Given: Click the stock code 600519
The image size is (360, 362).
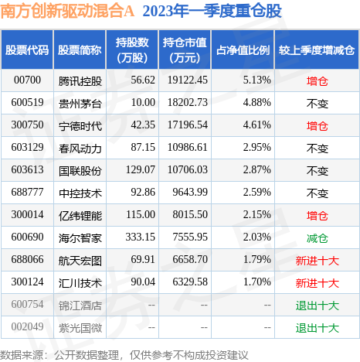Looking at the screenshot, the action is tap(27, 102).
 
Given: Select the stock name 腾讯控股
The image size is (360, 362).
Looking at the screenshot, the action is tap(80, 81).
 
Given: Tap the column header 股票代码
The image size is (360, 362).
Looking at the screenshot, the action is tap(27, 50).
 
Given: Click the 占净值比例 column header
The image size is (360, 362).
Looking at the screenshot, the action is tap(243, 50).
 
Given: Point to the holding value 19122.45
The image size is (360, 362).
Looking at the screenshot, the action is tap(188, 80).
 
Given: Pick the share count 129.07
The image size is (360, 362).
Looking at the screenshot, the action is tap(141, 169).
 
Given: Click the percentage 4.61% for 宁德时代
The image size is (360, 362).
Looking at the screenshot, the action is tap(256, 125).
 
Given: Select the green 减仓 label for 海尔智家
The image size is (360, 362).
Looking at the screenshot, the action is tap(318, 238).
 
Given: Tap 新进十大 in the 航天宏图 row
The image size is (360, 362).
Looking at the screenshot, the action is tap(318, 261).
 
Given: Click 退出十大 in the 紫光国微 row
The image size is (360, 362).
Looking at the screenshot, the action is tap(318, 328).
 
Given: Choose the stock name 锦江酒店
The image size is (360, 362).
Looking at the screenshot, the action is tap(80, 306).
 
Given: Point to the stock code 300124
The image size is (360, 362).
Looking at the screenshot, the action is tap(27, 282).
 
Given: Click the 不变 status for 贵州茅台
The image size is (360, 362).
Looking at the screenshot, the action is tap(318, 104).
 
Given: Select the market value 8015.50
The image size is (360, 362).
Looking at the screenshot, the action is tap(190, 214).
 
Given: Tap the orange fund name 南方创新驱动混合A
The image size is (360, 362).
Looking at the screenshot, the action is tap(67, 11).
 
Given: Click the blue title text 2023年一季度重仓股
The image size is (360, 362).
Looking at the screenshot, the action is tap(212, 11).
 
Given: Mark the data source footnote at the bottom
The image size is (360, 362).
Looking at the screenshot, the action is tap(124, 355).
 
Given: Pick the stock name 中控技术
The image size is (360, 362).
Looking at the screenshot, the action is tap(80, 193).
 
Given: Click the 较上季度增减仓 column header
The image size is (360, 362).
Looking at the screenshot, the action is tap(317, 50).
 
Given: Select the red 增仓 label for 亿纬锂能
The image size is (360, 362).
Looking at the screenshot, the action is tap(318, 216).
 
